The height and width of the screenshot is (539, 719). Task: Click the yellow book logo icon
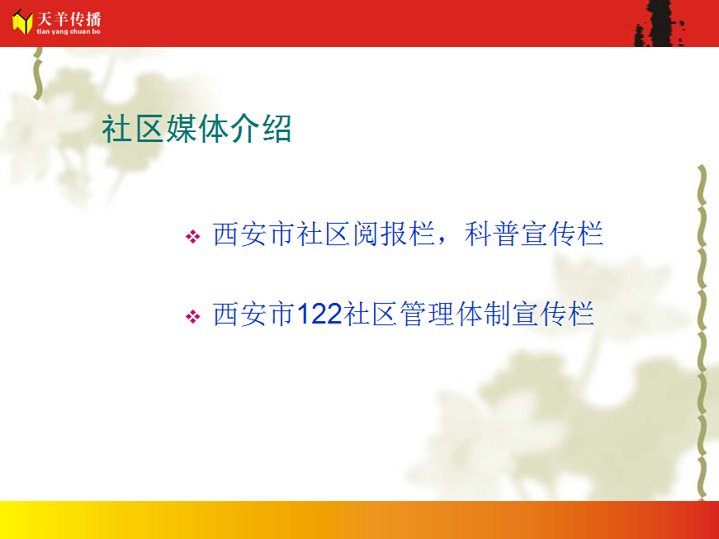coord(22,22)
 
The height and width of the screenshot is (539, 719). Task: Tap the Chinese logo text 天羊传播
coord(69,19)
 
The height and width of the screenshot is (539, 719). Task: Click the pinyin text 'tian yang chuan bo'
coord(69,31)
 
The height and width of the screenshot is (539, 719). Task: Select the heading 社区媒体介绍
coord(196,129)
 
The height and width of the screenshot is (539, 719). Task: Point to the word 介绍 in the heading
coord(261,129)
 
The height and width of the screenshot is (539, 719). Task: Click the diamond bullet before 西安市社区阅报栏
coord(192,237)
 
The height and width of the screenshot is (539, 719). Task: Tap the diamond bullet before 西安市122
coord(192,316)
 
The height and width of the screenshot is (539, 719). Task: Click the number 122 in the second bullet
coord(319,314)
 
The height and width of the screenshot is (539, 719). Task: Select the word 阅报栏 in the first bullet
coord(394,234)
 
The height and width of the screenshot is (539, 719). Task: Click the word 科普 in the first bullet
coord(491,234)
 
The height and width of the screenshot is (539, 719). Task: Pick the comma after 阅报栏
coord(442,241)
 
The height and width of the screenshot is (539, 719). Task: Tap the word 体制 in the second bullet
coord(483,314)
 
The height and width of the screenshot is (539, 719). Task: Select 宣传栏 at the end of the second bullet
coord(553,314)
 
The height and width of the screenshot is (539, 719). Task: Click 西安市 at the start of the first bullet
coord(253,234)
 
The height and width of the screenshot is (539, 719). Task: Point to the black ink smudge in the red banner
coord(660,23)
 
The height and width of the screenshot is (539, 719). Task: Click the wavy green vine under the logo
coord(38,73)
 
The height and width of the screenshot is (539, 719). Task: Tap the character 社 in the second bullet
coord(357,314)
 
